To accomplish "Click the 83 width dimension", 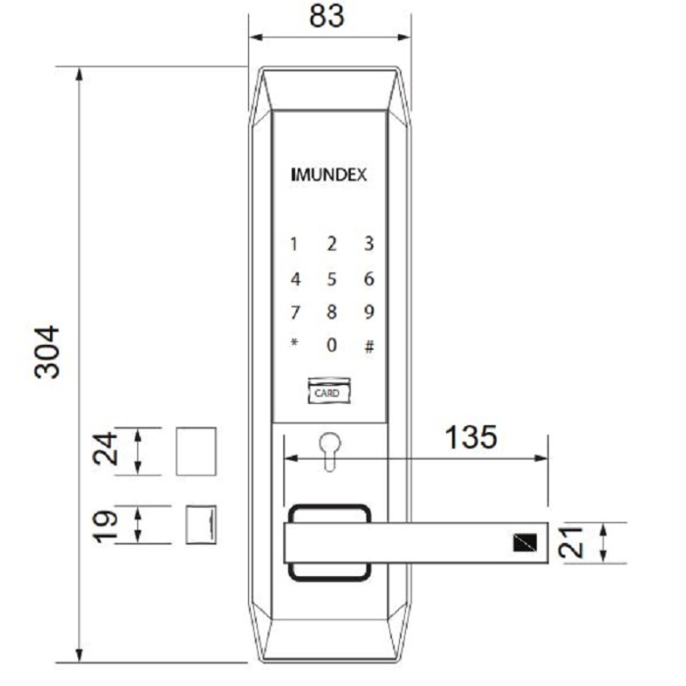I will [327, 17].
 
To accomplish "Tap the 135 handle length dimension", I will [470, 437].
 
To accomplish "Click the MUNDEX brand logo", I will [329, 176].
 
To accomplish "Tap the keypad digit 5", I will [331, 279].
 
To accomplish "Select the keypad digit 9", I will [369, 313].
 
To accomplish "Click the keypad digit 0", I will [331, 345].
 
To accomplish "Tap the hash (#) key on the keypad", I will [369, 346].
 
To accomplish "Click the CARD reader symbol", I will [326, 391].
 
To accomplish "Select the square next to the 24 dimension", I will [196, 450].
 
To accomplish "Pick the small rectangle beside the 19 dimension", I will [201, 523].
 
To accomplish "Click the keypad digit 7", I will [293, 313].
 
